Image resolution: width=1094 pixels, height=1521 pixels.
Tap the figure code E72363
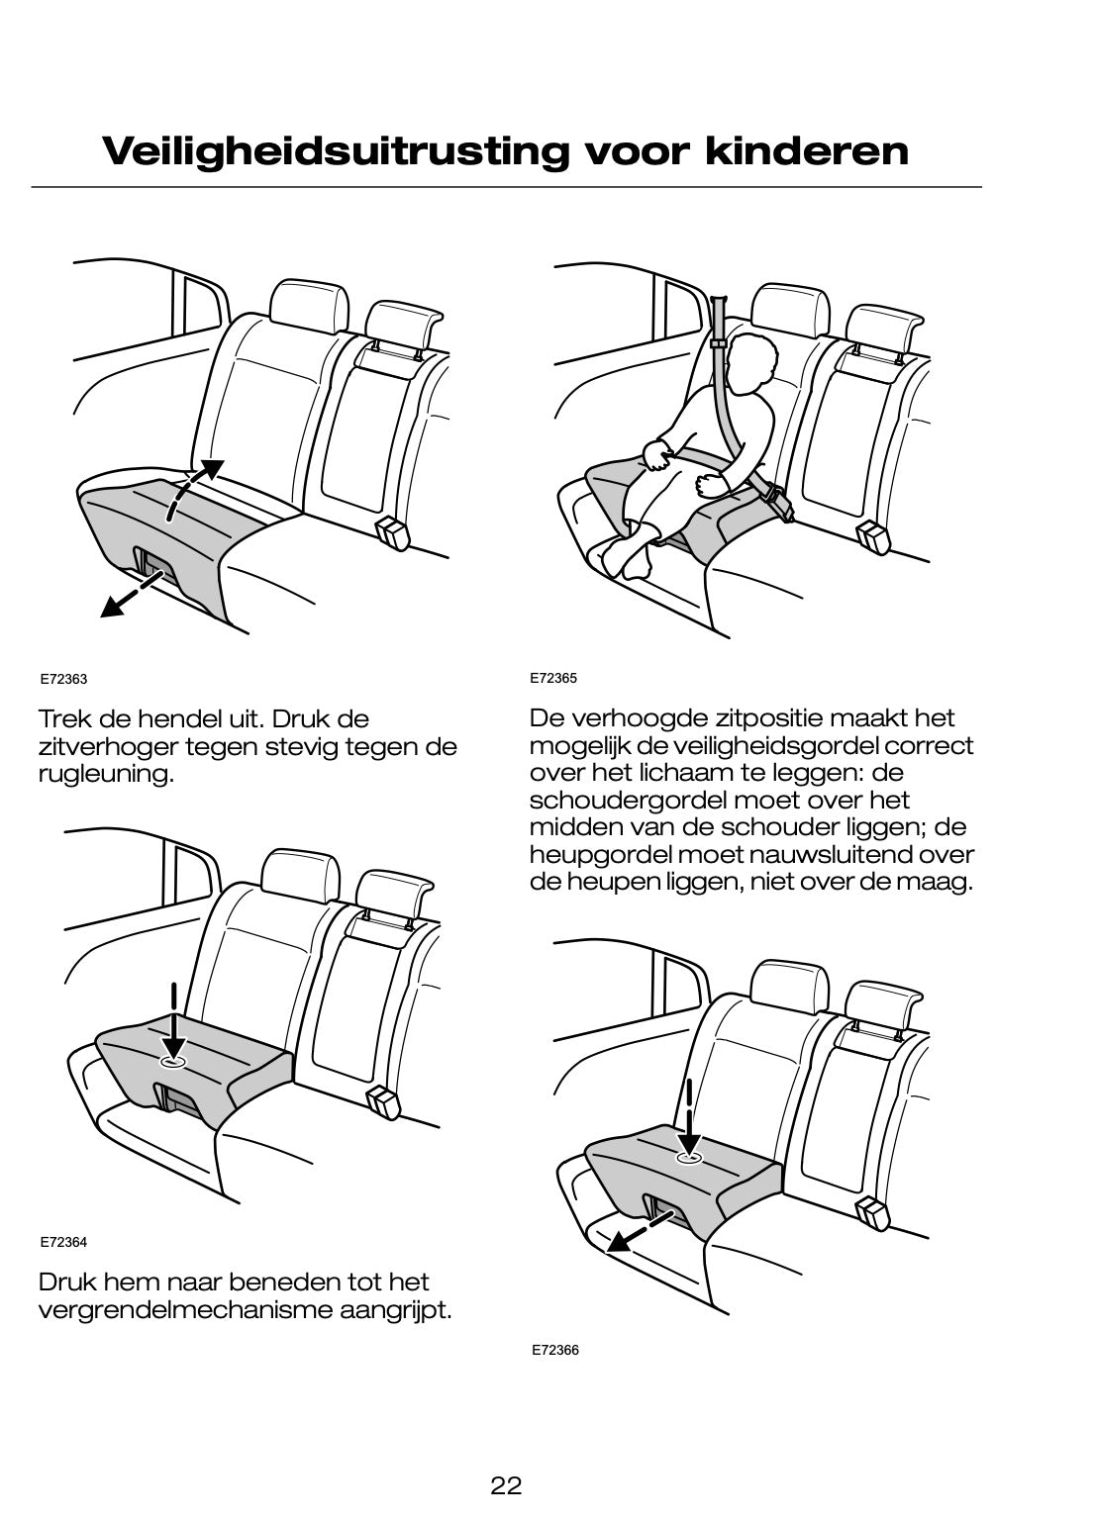(64, 680)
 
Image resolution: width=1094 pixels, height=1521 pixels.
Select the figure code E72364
(64, 1241)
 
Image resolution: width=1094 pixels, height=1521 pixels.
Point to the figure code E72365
(553, 678)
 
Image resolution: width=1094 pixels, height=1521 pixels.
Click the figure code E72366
(555, 1350)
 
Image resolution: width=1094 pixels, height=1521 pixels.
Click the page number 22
(506, 1484)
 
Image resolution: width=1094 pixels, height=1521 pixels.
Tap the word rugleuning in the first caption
(104, 773)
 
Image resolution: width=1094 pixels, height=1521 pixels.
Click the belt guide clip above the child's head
(719, 343)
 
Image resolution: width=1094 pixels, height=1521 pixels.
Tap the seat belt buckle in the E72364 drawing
(380, 1101)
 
